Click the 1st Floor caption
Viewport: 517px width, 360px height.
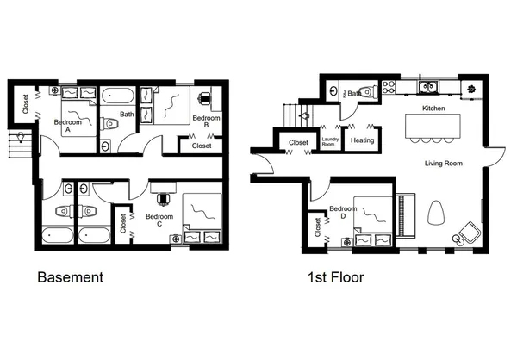pos(335,277)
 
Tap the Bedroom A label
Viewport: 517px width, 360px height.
pos(68,122)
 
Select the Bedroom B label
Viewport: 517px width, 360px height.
pos(206,121)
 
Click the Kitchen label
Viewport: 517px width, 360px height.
pos(433,109)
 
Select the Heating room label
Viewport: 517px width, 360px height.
pos(362,140)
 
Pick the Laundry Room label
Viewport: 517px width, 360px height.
pos(329,140)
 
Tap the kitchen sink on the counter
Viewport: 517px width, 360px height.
pos(427,86)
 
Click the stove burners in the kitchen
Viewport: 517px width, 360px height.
pos(388,86)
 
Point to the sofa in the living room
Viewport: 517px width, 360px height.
pos(406,214)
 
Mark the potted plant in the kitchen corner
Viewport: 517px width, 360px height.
pos(471,88)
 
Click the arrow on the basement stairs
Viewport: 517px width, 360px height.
pos(19,138)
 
